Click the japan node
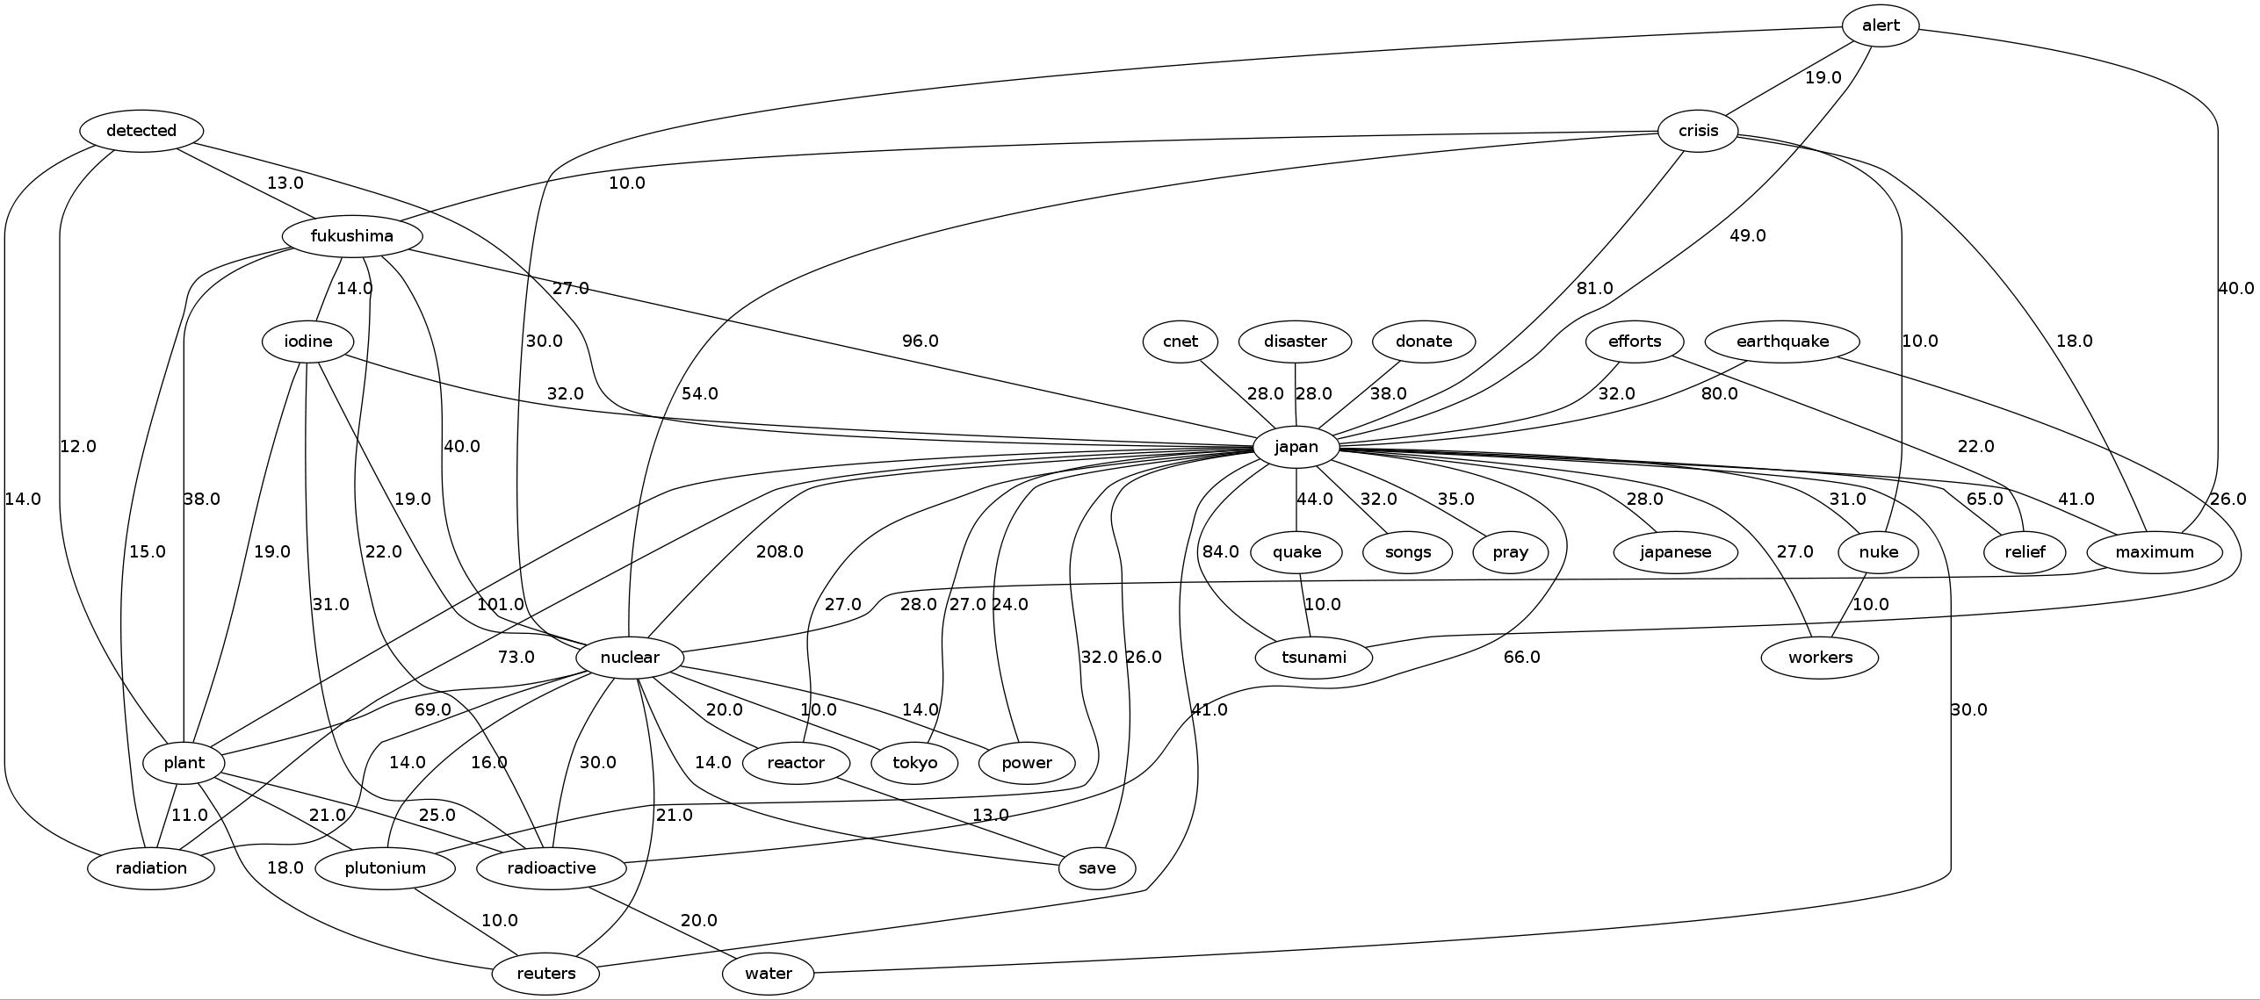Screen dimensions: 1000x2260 click(1296, 447)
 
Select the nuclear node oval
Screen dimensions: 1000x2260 click(630, 658)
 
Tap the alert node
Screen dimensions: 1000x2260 click(1881, 25)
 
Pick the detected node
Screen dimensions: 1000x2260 click(141, 131)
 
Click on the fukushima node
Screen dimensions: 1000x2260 click(352, 236)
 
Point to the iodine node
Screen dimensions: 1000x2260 click(308, 342)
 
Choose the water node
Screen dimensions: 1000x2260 click(769, 974)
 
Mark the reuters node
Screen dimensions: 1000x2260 click(546, 974)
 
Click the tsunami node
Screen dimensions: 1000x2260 click(1314, 658)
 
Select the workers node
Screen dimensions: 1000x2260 click(1820, 658)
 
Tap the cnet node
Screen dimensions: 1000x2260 click(1181, 342)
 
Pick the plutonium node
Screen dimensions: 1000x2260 click(385, 868)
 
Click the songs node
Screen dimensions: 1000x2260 click(1407, 552)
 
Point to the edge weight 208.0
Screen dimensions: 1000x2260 click(779, 551)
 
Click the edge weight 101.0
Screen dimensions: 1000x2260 click(500, 604)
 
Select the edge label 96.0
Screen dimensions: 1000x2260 click(920, 341)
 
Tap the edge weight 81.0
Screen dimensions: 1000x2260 click(1594, 288)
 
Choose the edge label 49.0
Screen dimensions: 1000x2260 click(1747, 235)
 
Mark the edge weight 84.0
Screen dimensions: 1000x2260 click(1220, 551)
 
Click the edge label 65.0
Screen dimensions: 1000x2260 click(1984, 499)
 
